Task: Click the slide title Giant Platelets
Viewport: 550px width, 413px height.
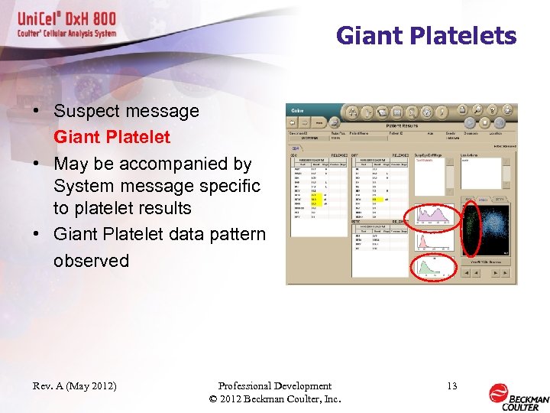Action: point(426,36)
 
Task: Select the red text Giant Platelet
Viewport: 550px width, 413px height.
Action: point(112,138)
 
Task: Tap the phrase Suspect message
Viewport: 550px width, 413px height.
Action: point(126,111)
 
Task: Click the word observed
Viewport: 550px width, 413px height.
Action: point(91,260)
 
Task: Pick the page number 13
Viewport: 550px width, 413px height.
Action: point(452,386)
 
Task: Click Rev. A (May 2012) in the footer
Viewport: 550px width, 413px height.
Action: point(75,386)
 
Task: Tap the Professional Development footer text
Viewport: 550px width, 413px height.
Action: point(274,386)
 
